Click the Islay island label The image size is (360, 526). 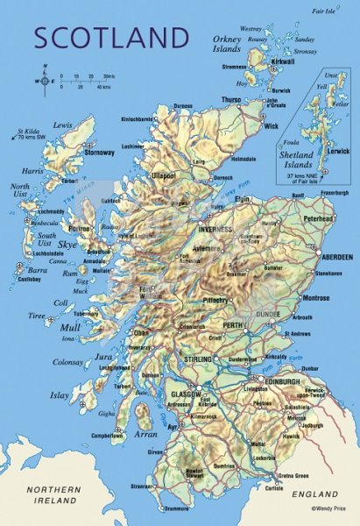tap(60, 396)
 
